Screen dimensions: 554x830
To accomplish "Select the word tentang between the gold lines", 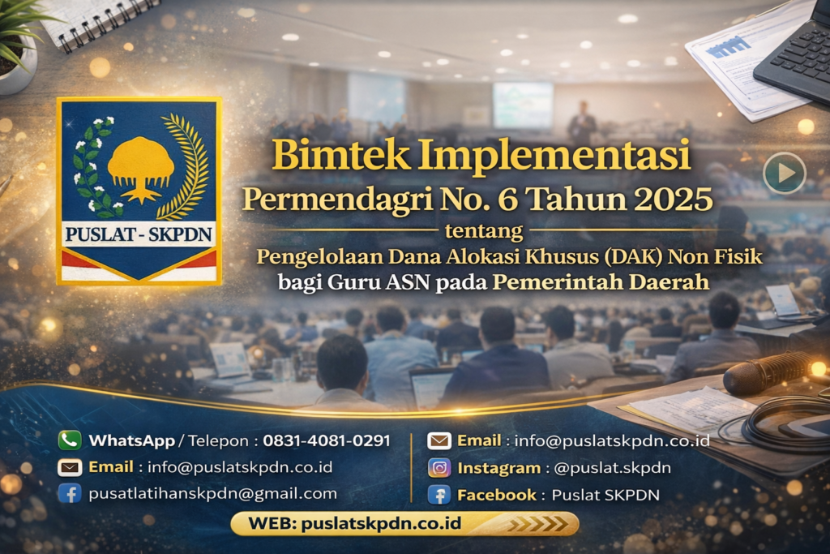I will (x=484, y=231).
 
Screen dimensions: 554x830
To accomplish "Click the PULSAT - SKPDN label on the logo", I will (x=139, y=235).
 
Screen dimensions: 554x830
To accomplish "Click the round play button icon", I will (x=784, y=173).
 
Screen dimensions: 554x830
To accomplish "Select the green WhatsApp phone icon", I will (x=70, y=440).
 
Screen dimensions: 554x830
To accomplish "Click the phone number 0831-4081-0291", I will (x=327, y=440).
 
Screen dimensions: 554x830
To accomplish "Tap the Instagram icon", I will (x=439, y=468).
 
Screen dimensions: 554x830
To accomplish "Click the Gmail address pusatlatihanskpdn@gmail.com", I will (x=212, y=493).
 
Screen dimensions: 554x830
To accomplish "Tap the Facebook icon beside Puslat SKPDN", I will (x=439, y=495).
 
